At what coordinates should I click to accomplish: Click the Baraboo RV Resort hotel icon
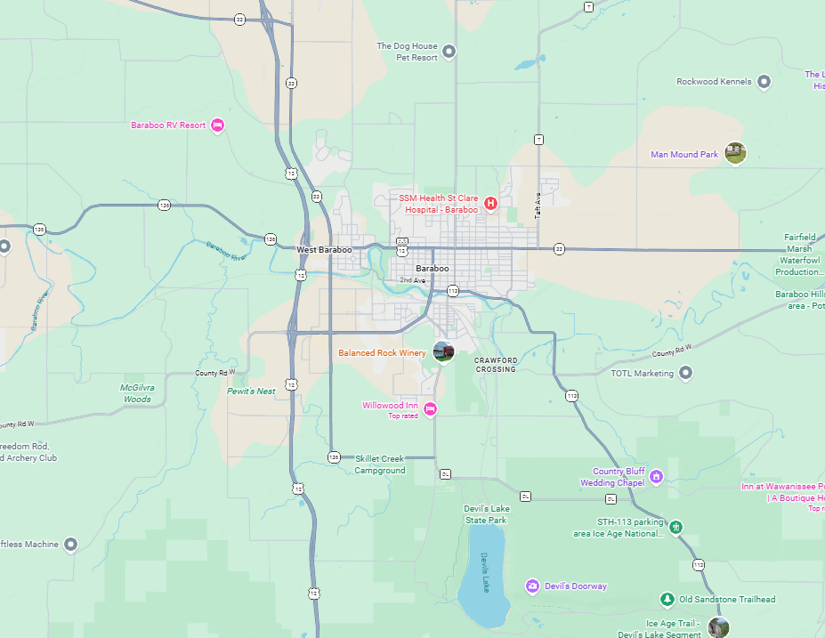point(216,125)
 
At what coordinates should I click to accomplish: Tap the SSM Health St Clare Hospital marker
point(489,204)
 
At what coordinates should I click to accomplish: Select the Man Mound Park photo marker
point(734,153)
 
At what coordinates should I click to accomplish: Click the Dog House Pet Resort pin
point(449,51)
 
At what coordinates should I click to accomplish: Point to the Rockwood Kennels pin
point(764,82)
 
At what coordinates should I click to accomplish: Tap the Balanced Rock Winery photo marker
point(442,351)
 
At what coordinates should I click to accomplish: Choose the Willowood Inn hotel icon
point(430,409)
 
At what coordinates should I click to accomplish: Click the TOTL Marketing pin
point(685,373)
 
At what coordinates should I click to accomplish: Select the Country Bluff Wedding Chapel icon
point(656,476)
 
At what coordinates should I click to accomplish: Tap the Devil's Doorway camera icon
point(532,586)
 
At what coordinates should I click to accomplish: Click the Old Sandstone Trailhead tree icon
point(667,599)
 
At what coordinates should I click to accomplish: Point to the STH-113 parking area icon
point(676,527)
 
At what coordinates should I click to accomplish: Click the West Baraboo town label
point(324,250)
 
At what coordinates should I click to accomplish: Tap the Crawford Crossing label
point(495,365)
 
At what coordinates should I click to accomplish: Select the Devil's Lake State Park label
point(485,513)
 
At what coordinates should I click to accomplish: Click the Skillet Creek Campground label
point(380,464)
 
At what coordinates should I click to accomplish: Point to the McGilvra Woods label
point(136,393)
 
